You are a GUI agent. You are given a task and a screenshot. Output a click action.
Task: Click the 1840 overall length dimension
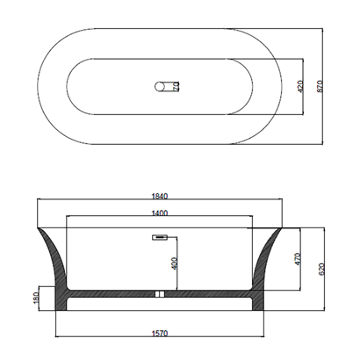(160, 196)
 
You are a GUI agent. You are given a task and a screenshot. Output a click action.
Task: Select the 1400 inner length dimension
(160, 213)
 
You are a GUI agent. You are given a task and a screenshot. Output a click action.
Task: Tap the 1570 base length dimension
(160, 333)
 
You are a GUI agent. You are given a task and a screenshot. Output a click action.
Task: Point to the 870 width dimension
(320, 86)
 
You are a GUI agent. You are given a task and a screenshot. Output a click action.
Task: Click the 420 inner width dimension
(300, 86)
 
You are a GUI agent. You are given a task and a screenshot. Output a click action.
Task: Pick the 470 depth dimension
(298, 259)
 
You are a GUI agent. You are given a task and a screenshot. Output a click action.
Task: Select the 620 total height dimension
(321, 270)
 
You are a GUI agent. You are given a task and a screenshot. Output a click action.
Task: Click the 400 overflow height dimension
(174, 263)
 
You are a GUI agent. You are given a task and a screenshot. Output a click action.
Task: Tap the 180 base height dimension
(36, 298)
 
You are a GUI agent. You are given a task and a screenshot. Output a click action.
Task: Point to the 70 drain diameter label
(176, 86)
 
